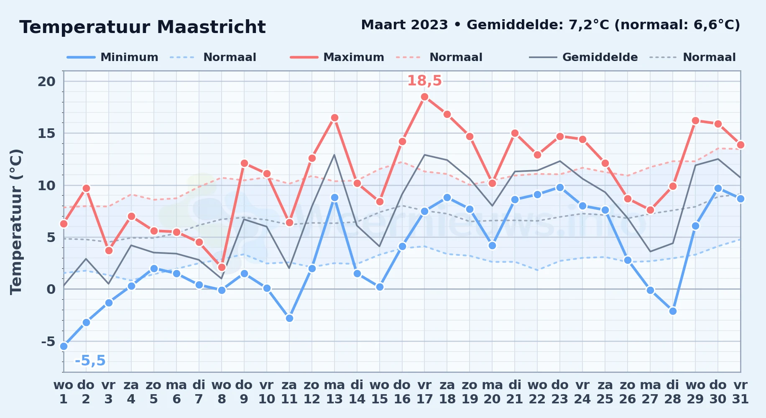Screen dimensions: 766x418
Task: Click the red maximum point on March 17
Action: click(x=424, y=97)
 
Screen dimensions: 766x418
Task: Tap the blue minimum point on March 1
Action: click(x=64, y=346)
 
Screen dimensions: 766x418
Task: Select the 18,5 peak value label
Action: click(x=424, y=81)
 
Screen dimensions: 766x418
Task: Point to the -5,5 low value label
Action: click(x=90, y=360)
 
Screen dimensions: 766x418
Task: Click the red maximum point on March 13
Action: click(x=334, y=118)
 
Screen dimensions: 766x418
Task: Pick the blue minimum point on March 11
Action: click(x=289, y=318)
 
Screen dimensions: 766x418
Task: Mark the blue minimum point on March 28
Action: click(x=673, y=311)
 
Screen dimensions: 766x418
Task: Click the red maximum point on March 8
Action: click(x=222, y=267)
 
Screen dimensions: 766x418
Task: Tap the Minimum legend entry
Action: click(x=112, y=57)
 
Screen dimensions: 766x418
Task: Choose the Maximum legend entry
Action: click(x=337, y=57)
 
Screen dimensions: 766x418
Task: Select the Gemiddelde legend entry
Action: click(x=584, y=57)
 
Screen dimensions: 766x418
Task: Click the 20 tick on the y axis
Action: click(x=46, y=82)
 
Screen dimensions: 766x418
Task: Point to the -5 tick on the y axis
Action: click(x=48, y=342)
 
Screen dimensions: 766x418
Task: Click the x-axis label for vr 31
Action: click(x=740, y=392)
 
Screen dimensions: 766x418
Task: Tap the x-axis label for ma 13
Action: click(x=334, y=392)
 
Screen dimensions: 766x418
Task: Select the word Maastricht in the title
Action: click(x=211, y=27)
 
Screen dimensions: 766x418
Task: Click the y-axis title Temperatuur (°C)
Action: click(x=16, y=222)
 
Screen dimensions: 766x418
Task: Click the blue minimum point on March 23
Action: click(x=560, y=187)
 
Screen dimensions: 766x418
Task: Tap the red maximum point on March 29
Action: click(x=695, y=121)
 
